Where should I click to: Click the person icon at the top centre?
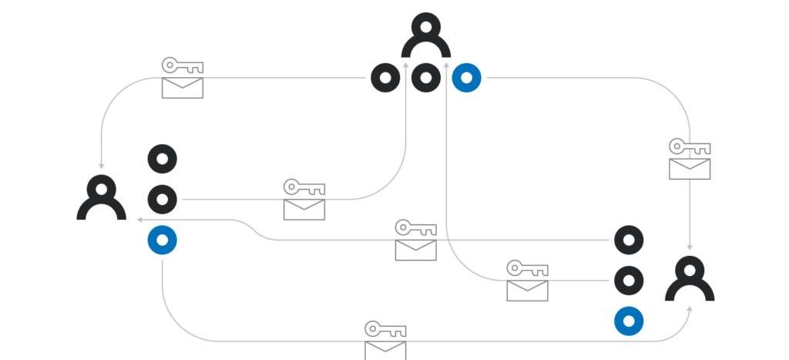tap(425, 37)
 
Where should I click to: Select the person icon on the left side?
tap(101, 198)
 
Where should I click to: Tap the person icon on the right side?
tap(690, 279)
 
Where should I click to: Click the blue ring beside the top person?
tap(466, 78)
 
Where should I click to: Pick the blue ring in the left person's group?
tap(162, 241)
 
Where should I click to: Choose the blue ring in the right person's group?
tap(629, 321)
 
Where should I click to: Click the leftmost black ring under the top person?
tap(385, 78)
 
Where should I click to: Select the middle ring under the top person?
tap(426, 78)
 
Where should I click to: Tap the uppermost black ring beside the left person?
tap(162, 159)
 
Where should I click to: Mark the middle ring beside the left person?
tap(162, 200)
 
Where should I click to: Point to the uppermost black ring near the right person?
tap(629, 240)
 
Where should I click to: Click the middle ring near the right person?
tap(629, 281)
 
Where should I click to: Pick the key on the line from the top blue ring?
tap(689, 146)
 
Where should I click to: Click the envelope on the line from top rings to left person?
tap(183, 88)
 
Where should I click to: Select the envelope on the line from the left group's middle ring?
tap(304, 209)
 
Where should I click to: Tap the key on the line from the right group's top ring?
tap(415, 228)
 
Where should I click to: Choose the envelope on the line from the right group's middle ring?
tap(527, 291)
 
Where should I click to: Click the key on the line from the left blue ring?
tap(385, 329)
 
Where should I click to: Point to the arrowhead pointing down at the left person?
tap(101, 166)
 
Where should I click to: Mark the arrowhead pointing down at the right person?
tap(690, 247)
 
